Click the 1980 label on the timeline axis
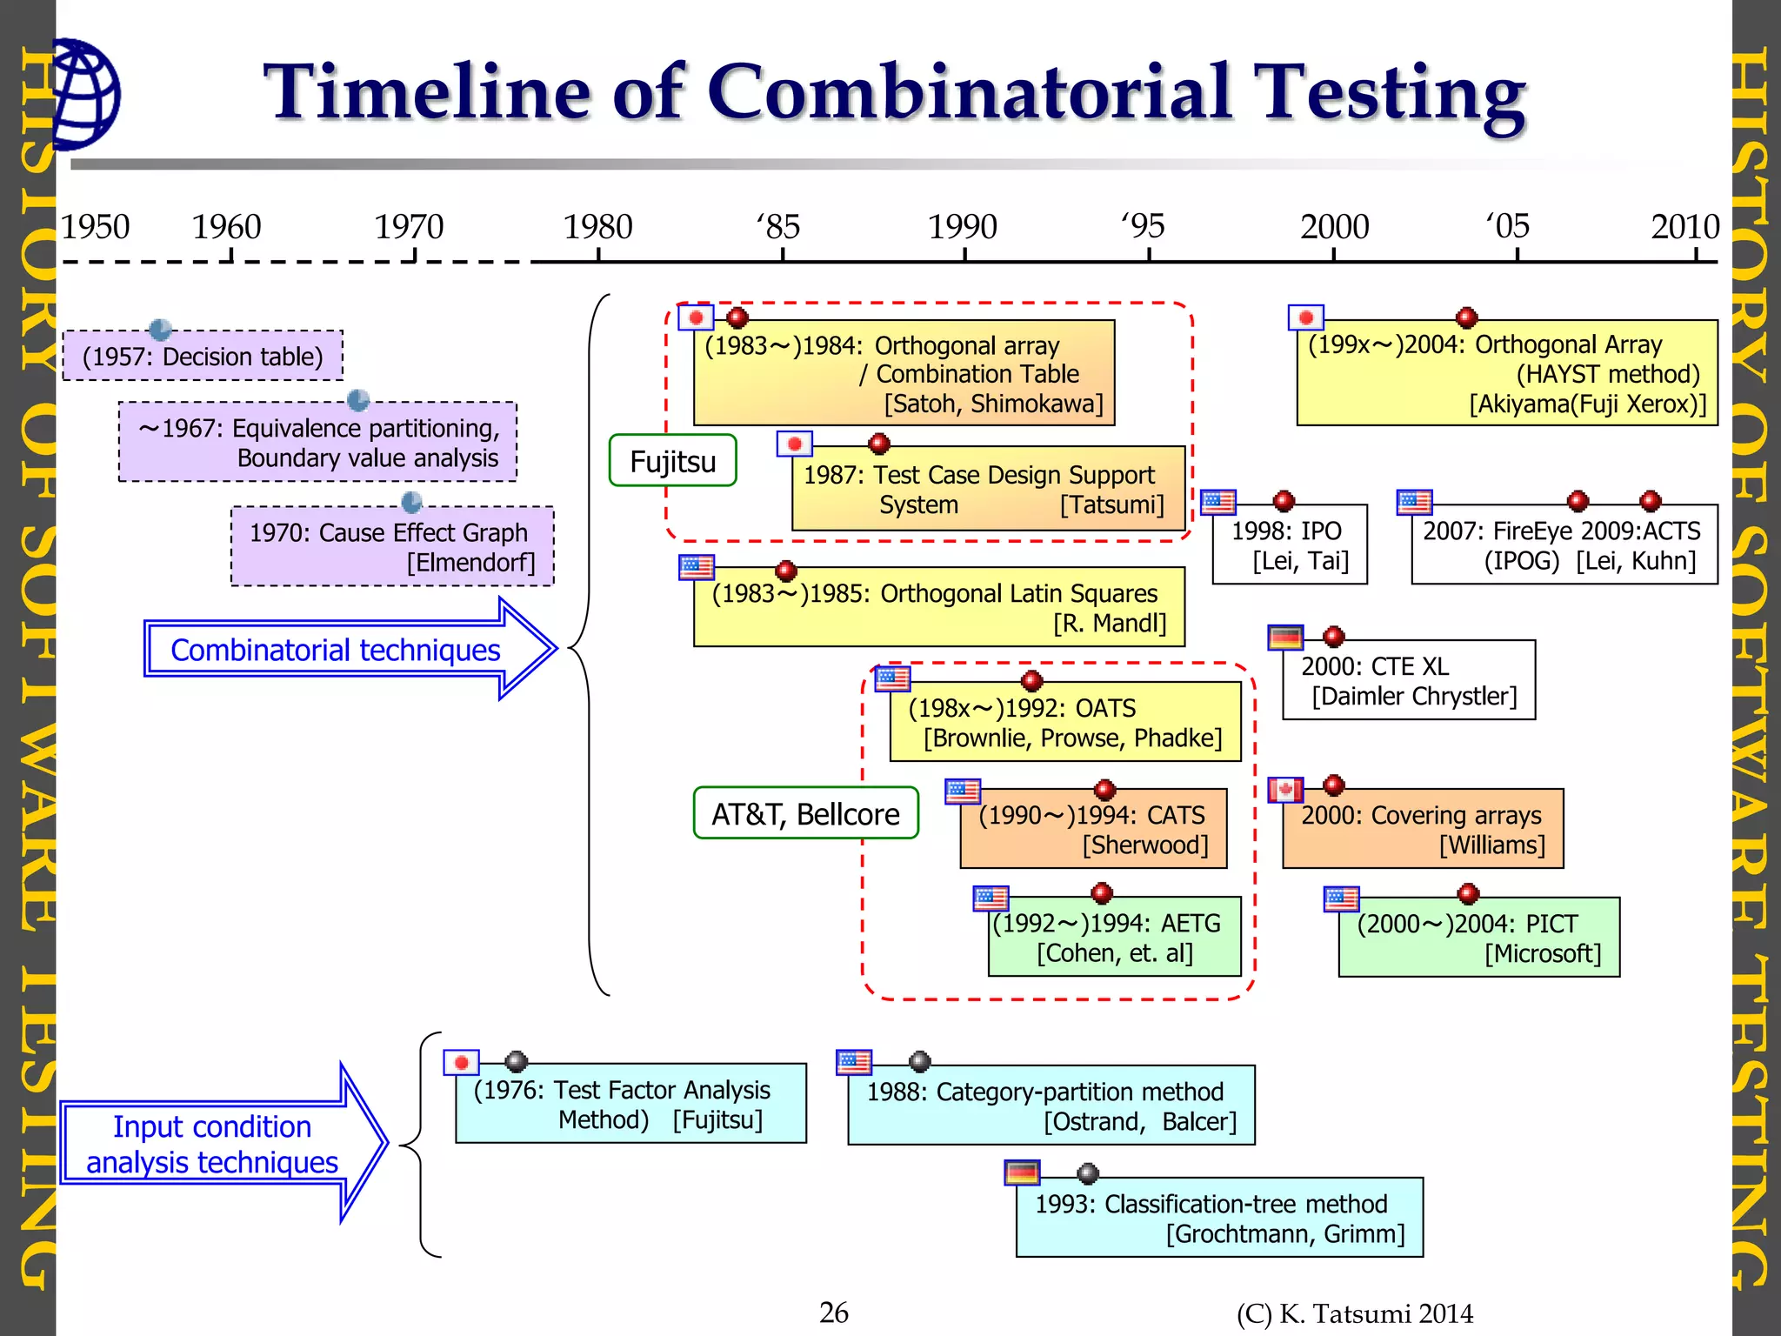597,227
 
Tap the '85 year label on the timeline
778,227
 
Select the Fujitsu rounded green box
672,461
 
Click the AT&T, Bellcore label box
805,813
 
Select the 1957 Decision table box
203,357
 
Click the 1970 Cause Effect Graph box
392,547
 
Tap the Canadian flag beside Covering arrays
1285,790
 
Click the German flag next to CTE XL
1285,638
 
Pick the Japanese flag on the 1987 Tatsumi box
794,444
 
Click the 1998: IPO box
1290,545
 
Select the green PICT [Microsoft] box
1478,938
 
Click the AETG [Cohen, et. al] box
1114,938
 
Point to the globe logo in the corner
85,94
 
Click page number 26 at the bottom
833,1313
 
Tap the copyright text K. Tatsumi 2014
1354,1313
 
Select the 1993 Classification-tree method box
1219,1218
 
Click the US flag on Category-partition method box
853,1062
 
